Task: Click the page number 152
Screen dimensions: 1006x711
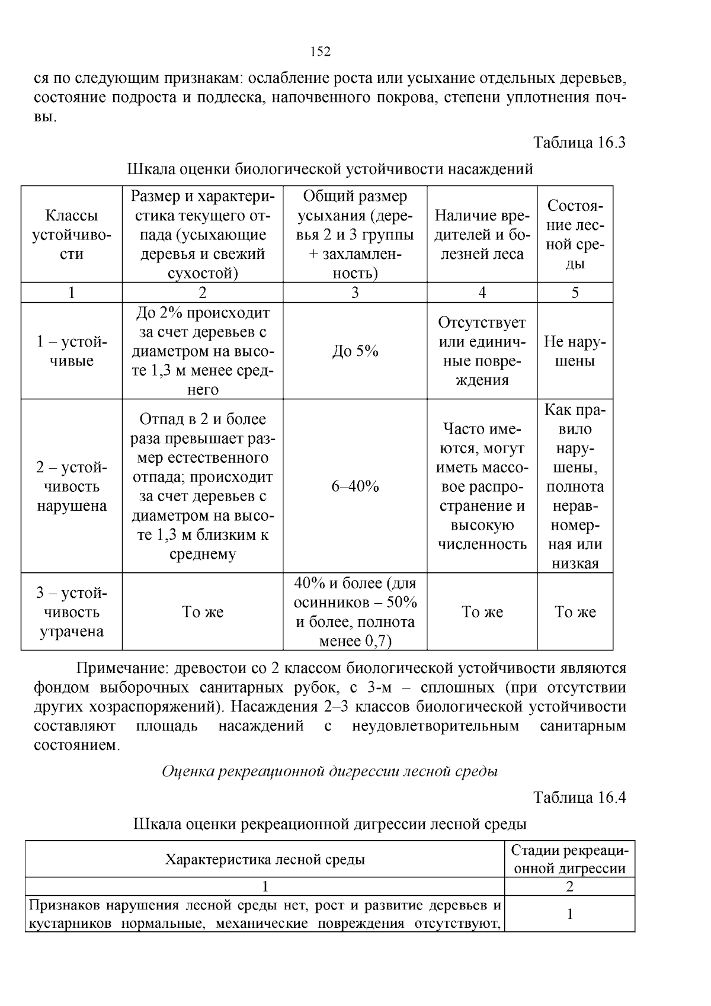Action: pos(321,52)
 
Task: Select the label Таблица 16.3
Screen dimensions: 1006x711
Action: pos(579,143)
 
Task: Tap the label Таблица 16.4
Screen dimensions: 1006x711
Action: pos(579,797)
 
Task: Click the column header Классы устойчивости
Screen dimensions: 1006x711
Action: pos(72,235)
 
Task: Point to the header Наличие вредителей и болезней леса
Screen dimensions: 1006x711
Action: pos(482,235)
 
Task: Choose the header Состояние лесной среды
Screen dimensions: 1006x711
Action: pos(575,235)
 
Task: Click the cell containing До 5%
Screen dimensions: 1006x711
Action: pos(355,351)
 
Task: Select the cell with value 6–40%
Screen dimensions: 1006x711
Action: pos(355,486)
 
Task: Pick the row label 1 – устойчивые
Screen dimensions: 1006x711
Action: pos(72,351)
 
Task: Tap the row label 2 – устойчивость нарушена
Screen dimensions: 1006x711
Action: pos(72,486)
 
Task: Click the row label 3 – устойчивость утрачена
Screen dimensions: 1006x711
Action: pos(72,612)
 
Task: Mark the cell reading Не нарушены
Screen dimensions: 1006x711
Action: pos(575,351)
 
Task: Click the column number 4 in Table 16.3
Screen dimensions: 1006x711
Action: pos(482,293)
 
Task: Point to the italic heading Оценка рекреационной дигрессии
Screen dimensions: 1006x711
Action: pos(329,771)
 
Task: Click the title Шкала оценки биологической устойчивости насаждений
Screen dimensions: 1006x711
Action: pos(330,169)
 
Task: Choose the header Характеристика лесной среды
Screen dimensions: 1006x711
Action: pos(264,859)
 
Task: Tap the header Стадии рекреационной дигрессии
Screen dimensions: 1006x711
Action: pos(569,859)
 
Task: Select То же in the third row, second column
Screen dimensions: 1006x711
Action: pos(203,612)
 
